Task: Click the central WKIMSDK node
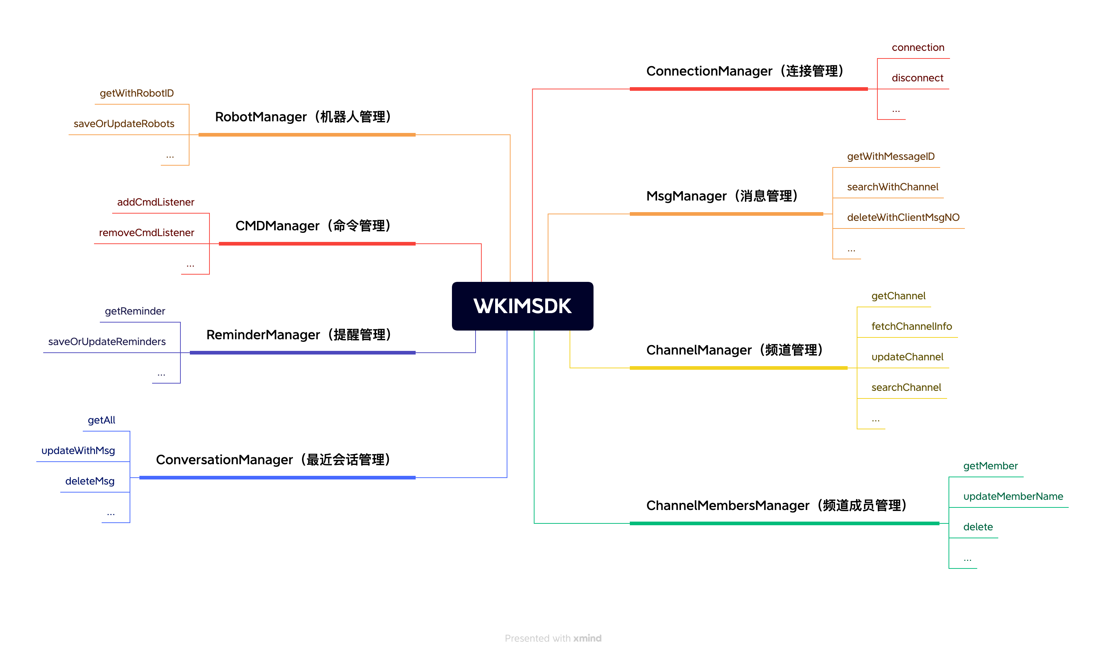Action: coord(522,306)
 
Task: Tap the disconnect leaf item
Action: coord(917,78)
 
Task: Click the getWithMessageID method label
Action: coord(890,156)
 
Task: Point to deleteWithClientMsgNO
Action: coord(903,217)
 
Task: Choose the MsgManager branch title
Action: coord(722,196)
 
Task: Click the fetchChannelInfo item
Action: coord(911,326)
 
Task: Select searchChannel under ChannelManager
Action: coord(906,387)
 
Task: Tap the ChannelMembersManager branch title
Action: coord(776,505)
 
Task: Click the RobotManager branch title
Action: coord(303,117)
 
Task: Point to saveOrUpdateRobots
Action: coord(124,123)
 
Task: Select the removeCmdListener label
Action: coord(146,232)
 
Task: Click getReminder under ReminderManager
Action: coord(135,311)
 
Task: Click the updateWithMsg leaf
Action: coord(78,450)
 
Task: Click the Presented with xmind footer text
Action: coord(552,638)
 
